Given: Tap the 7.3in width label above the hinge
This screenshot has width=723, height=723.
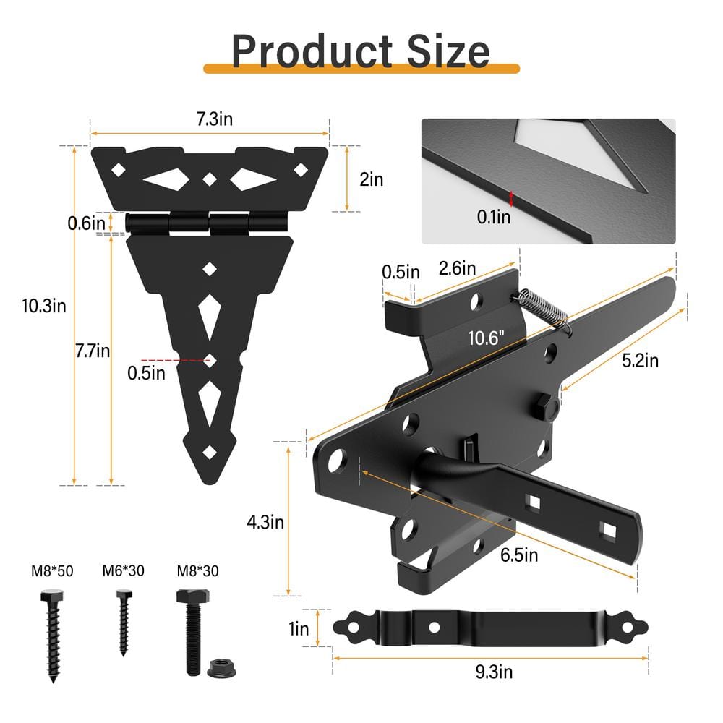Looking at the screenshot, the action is tap(215, 119).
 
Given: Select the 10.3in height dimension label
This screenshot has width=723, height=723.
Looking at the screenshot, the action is tap(44, 306).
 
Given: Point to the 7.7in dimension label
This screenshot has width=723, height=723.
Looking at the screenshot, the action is tap(93, 351).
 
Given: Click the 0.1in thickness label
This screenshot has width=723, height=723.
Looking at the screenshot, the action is tap(493, 217).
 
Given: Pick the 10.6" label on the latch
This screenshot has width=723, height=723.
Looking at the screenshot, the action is tap(486, 338).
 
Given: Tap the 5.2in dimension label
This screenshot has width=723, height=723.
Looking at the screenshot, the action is tap(640, 360).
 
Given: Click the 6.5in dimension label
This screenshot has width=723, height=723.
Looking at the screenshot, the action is tap(519, 555).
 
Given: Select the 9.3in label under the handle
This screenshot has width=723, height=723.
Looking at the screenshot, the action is tap(494, 672).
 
